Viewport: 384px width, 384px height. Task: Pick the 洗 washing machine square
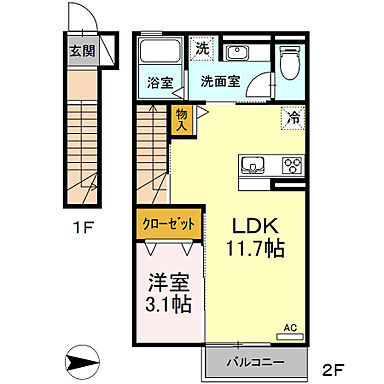pos(202,48)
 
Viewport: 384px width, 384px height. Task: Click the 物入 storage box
pos(182,119)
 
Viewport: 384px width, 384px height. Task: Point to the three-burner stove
pos(292,164)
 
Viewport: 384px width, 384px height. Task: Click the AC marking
pos(291,325)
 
